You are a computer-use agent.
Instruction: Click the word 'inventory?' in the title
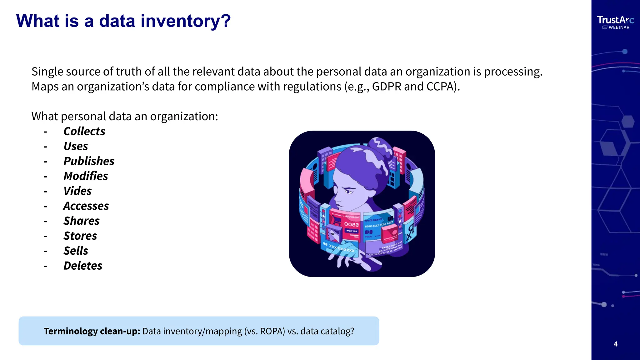point(186,21)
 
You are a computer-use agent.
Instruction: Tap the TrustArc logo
point(615,20)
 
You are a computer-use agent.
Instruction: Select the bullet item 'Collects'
point(84,131)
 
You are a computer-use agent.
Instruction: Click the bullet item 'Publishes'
point(89,161)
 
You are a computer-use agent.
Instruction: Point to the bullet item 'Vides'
point(77,191)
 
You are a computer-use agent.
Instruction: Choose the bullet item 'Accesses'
point(86,206)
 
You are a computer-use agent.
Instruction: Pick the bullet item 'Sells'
point(76,251)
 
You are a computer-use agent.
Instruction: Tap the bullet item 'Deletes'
point(83,266)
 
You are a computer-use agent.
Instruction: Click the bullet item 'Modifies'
point(86,176)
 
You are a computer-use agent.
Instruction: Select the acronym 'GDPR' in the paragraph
point(387,87)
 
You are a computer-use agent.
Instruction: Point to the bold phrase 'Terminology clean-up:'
point(92,331)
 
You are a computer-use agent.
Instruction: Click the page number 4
point(616,344)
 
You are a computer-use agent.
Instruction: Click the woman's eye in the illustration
point(348,191)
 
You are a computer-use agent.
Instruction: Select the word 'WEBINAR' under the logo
point(619,27)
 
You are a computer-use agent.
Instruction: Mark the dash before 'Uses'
point(46,147)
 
